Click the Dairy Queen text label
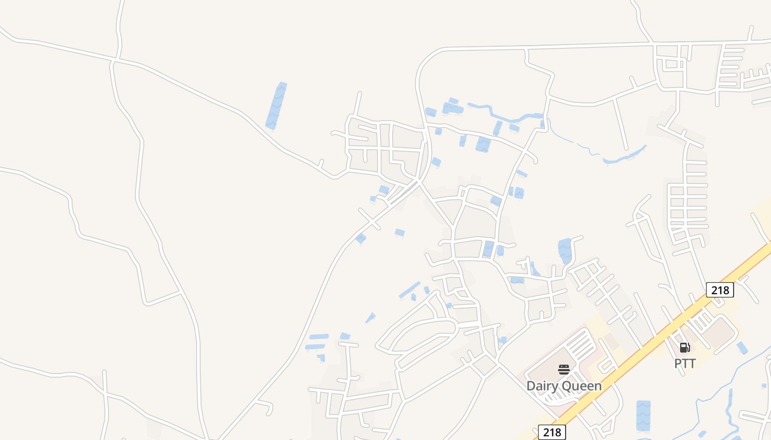click(564, 386)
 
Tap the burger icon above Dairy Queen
click(563, 369)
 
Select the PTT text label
click(685, 364)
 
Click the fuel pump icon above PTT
click(685, 347)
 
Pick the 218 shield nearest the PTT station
click(720, 290)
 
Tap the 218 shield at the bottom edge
click(552, 432)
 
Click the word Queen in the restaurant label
click(583, 386)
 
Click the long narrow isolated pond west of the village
click(276, 106)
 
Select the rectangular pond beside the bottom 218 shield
click(643, 415)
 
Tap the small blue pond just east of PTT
click(742, 348)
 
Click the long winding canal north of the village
click(501, 114)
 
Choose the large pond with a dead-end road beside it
click(564, 250)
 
